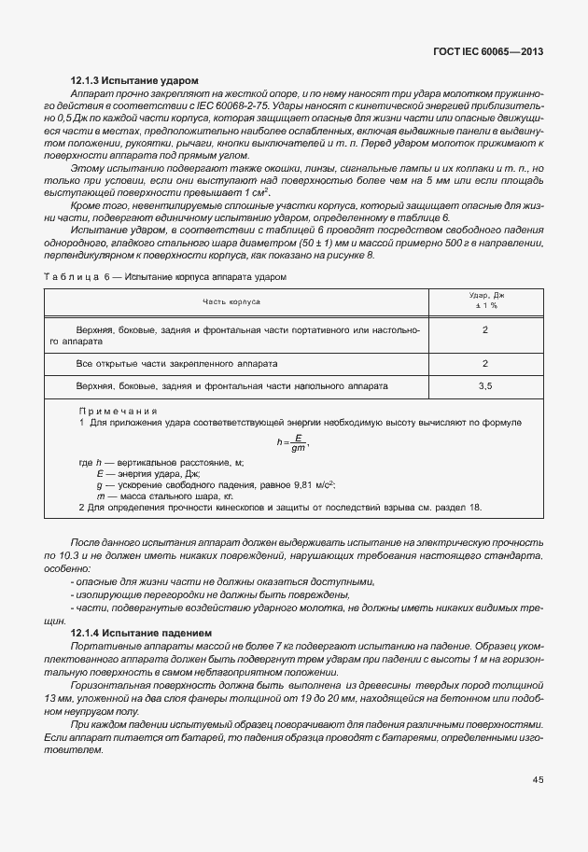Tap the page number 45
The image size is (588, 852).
coord(538,778)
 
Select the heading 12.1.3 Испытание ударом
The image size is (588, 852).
coord(134,82)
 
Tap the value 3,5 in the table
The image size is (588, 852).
coord(485,385)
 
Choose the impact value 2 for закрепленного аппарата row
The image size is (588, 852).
coord(485,363)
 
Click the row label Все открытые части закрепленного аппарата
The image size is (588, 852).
coord(177,363)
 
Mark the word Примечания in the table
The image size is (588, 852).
coord(118,411)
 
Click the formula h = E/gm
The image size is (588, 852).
coord(292,441)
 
